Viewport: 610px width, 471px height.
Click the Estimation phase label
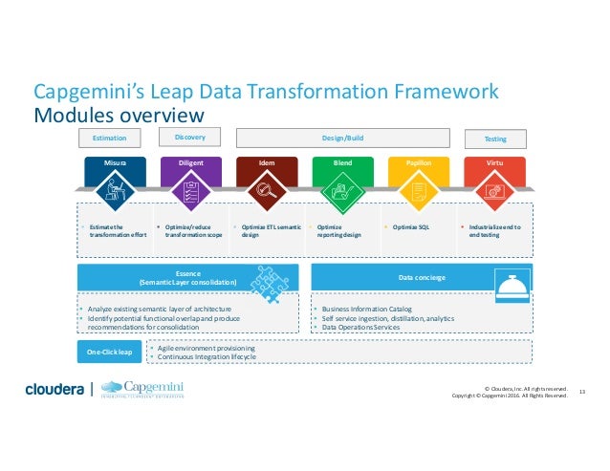[x=110, y=139]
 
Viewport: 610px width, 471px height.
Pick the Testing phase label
[x=495, y=139]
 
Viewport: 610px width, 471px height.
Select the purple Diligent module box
[x=190, y=182]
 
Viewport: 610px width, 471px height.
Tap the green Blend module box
[x=342, y=182]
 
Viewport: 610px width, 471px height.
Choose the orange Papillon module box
[x=418, y=182]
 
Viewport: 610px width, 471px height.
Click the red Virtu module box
[x=494, y=182]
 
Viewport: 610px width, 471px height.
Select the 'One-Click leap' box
[x=108, y=353]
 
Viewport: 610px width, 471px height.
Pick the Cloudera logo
[x=54, y=389]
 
